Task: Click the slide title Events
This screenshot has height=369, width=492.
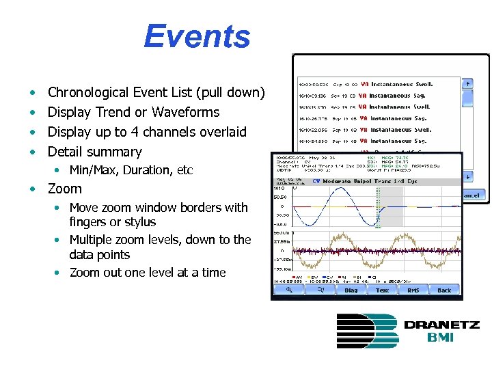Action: tap(197, 37)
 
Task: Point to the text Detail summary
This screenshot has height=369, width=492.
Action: tap(94, 152)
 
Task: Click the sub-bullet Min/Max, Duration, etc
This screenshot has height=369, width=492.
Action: tap(131, 170)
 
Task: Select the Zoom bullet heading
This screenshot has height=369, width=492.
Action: tap(64, 189)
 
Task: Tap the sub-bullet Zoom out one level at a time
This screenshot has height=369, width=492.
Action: tap(147, 272)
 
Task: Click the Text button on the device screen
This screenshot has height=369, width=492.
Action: tap(382, 290)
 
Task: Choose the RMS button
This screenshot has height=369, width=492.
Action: tap(413, 290)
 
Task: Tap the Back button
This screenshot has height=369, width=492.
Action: tap(444, 290)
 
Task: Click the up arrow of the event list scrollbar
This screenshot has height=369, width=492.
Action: tap(467, 84)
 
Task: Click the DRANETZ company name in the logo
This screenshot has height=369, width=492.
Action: tap(441, 325)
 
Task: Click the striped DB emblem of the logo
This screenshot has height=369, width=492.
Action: tap(366, 331)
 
